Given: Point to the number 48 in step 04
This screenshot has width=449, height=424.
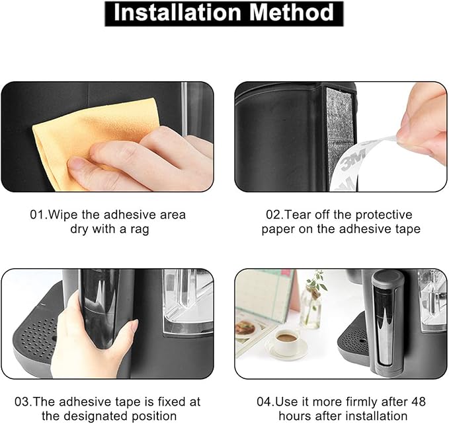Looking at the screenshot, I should coord(419,402).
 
